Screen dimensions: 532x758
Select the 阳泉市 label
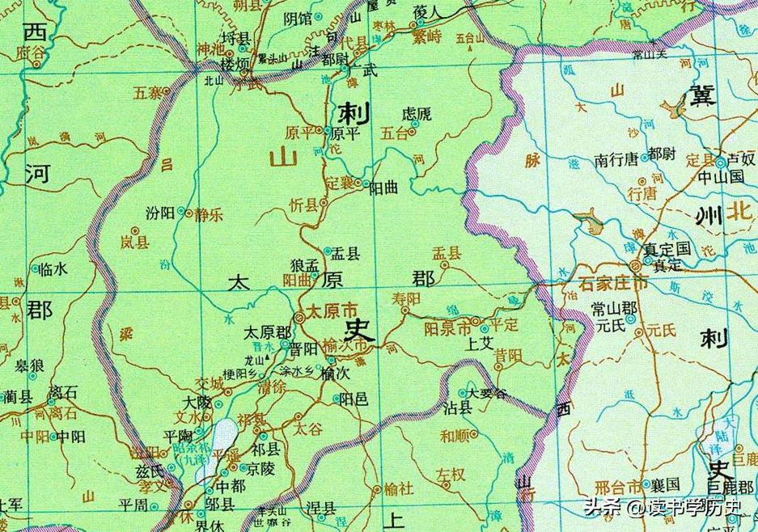click(447, 329)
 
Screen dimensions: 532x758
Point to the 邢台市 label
click(616, 487)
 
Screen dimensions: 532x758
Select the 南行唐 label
click(616, 159)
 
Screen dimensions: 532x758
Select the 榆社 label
click(399, 488)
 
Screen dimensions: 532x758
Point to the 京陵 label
click(261, 468)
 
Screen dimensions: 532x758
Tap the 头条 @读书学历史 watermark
click(662, 508)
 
